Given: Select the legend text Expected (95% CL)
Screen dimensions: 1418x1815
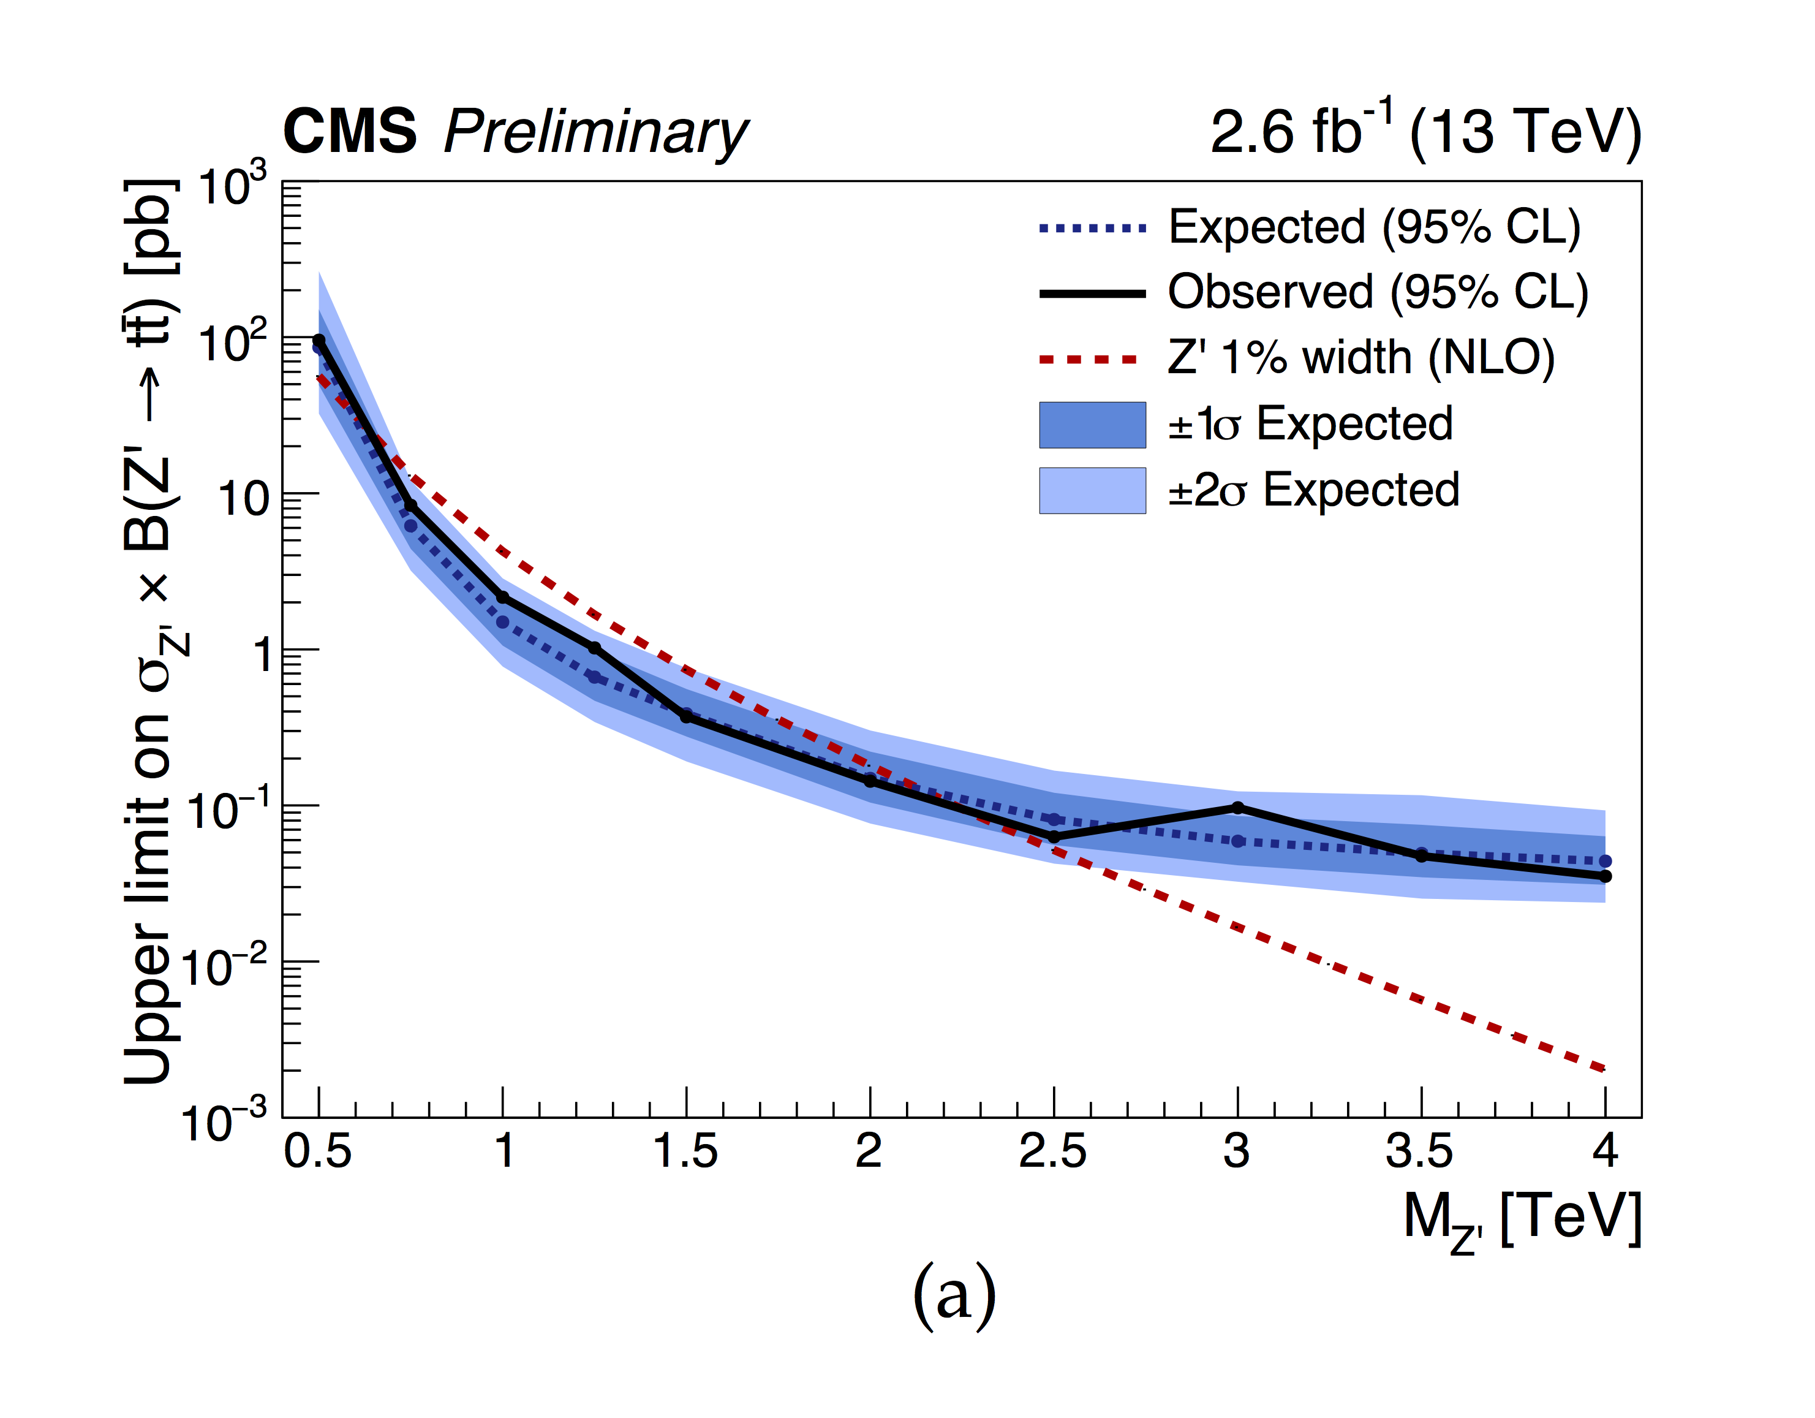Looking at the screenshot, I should [x=1374, y=227].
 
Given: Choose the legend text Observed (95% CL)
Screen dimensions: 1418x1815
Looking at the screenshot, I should [x=1378, y=292].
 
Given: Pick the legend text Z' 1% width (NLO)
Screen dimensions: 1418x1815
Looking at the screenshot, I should [x=1360, y=358].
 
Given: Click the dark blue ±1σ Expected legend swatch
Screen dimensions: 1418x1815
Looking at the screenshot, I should [x=1092, y=425].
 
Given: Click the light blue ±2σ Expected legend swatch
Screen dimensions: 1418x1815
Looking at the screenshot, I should [x=1092, y=490].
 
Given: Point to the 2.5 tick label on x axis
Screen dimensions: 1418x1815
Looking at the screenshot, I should [x=1053, y=1151].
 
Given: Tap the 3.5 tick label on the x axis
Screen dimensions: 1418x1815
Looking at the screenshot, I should [x=1419, y=1151].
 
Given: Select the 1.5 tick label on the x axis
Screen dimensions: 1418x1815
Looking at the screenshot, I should [x=685, y=1151].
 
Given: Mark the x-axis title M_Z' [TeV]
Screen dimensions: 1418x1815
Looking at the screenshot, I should [x=1522, y=1220].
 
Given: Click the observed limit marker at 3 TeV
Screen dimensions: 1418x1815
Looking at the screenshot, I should [x=1237, y=807].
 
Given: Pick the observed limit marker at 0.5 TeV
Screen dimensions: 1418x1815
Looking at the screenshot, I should [x=319, y=340].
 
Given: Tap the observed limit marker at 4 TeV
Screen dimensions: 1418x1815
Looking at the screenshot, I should [x=1606, y=876].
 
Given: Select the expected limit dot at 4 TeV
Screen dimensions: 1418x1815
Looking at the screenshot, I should [x=1606, y=861].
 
